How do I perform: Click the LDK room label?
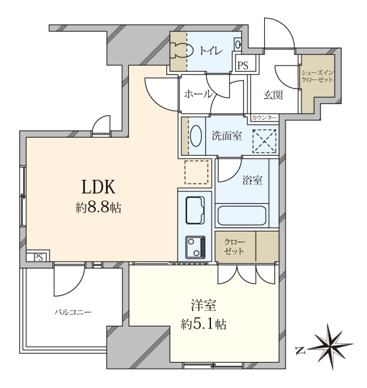(x=98, y=187)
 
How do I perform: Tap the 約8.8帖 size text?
(x=98, y=208)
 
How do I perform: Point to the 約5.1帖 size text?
(x=203, y=324)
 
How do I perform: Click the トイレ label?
(x=211, y=50)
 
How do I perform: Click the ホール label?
(x=198, y=94)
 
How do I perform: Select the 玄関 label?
(x=273, y=95)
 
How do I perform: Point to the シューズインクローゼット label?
(x=317, y=76)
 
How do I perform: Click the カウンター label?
(x=264, y=118)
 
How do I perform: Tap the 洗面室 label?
(x=227, y=136)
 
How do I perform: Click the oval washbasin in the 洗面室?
(x=196, y=136)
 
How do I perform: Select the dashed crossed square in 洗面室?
(x=265, y=141)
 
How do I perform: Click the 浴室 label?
(x=252, y=180)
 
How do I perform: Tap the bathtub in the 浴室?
(x=241, y=215)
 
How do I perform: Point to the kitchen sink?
(x=195, y=210)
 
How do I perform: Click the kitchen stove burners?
(x=195, y=247)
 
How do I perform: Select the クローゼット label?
(x=234, y=246)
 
